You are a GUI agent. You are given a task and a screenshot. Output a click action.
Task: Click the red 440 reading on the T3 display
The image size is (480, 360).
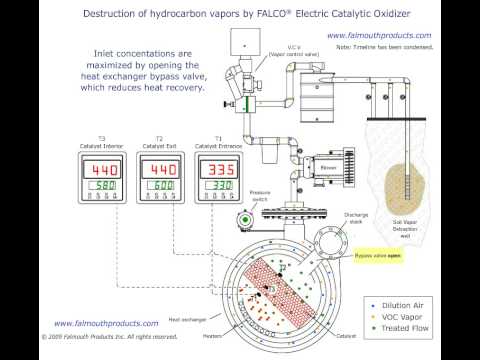pyautogui.click(x=103, y=170)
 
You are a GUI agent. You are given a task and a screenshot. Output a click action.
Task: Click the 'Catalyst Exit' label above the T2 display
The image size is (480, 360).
pyautogui.click(x=160, y=145)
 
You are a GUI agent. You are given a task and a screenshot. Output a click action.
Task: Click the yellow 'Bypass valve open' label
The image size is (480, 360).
pyautogui.click(x=378, y=255)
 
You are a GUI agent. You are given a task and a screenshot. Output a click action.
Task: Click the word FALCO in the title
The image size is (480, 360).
pyautogui.click(x=254, y=14)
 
